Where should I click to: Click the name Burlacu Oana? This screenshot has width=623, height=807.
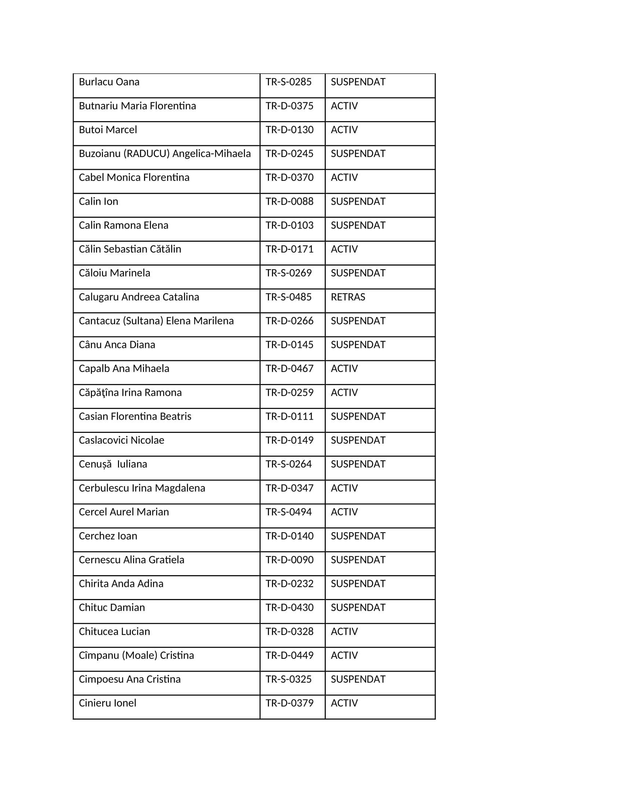pos(109,82)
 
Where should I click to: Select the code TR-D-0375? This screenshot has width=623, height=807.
pos(290,106)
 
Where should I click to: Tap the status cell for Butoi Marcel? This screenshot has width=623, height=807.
pos(344,130)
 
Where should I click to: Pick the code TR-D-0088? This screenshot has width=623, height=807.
pos(290,202)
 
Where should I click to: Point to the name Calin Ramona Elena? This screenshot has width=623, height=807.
pos(123,225)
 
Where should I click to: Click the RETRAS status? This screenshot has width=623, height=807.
pos(348,297)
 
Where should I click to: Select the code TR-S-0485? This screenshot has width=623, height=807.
pos(289,297)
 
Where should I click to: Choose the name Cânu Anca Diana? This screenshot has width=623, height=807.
pos(117,345)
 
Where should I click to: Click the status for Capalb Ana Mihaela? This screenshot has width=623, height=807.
pos(344,369)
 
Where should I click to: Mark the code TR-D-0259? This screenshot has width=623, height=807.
pos(290,393)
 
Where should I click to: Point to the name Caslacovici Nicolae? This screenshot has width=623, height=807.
pos(121,441)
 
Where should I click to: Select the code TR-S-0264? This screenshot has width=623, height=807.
pos(289,464)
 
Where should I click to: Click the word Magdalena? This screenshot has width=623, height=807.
pos(180,488)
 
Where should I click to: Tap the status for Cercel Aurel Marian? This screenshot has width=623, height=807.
pos(344,512)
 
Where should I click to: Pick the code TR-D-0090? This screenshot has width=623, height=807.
pos(290,560)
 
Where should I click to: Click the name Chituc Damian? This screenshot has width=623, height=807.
pos(112,607)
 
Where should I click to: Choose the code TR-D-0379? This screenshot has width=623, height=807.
pos(290,703)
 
